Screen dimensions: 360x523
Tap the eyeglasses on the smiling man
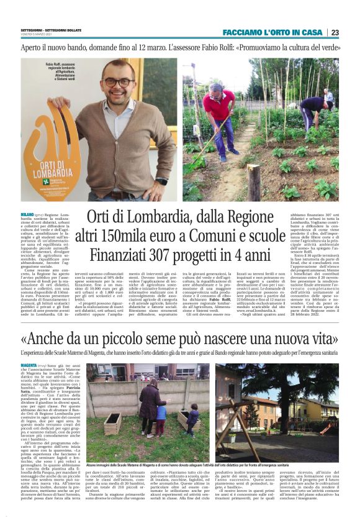(117, 83)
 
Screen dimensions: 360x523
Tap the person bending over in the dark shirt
(313, 107)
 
